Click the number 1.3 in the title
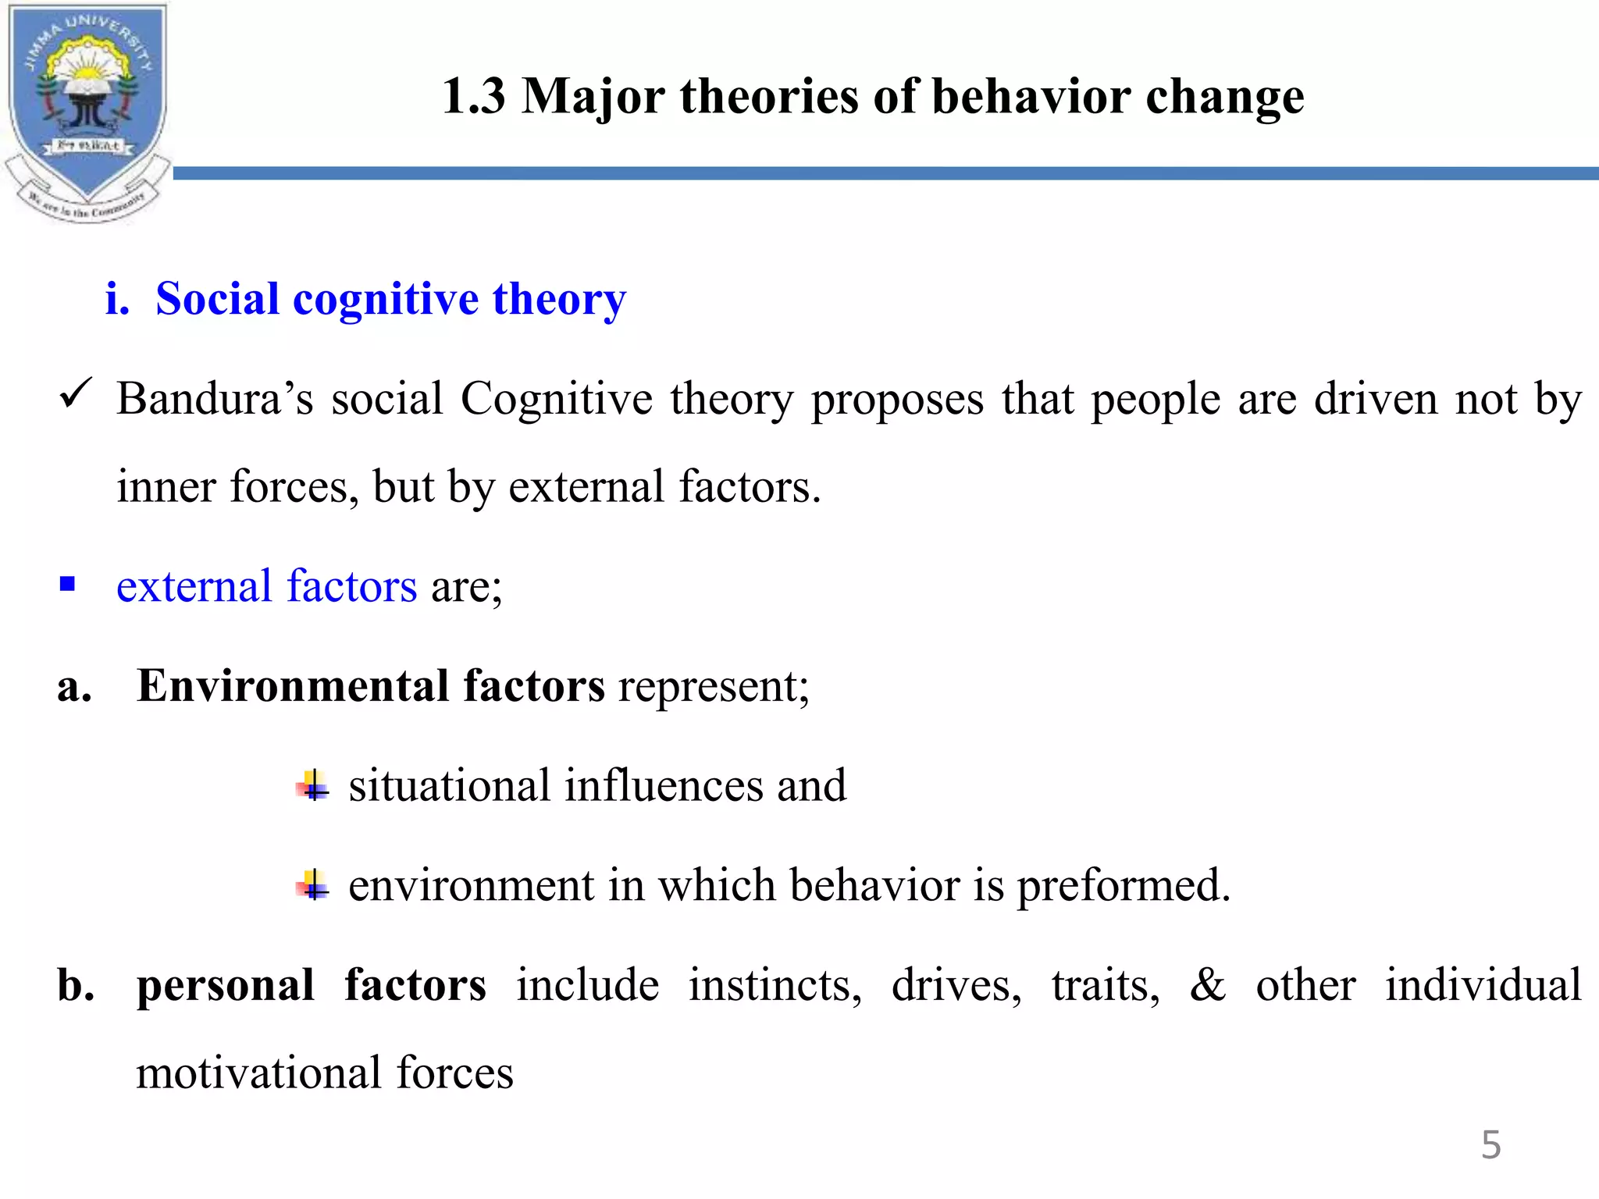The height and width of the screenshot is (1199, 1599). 473,97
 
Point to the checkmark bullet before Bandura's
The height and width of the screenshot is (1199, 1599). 76,395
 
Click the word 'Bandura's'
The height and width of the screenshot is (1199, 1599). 215,399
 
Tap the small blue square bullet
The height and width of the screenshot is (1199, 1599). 68,584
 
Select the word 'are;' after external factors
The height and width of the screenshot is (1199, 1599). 466,586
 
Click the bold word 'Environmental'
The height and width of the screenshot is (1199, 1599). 292,686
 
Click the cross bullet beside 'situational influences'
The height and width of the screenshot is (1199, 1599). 313,785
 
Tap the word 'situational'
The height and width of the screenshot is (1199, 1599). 448,785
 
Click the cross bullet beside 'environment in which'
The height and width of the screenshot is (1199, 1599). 313,885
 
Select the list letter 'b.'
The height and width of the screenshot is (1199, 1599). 76,985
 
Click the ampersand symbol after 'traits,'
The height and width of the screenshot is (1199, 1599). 1207,985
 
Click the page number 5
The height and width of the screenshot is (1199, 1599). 1490,1145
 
